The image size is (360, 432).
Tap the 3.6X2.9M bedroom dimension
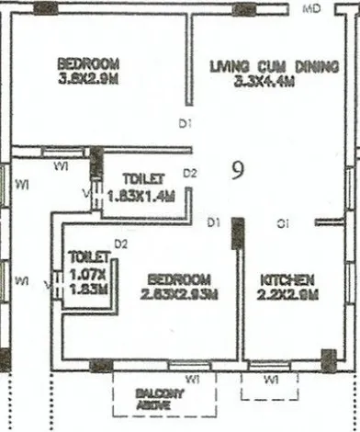[88, 78]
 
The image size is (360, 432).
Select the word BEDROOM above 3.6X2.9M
[88, 63]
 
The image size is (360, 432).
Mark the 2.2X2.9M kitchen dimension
[288, 294]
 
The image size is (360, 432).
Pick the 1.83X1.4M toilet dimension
[141, 195]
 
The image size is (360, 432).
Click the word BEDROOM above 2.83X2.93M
[179, 279]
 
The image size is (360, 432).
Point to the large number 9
[236, 172]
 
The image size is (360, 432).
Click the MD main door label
[313, 8]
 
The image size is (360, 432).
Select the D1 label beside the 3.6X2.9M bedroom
[185, 123]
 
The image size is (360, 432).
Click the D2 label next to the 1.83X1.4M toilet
[190, 172]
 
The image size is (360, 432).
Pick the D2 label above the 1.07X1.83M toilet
[120, 244]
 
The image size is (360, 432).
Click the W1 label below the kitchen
[272, 379]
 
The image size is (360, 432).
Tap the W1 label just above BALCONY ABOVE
[195, 379]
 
